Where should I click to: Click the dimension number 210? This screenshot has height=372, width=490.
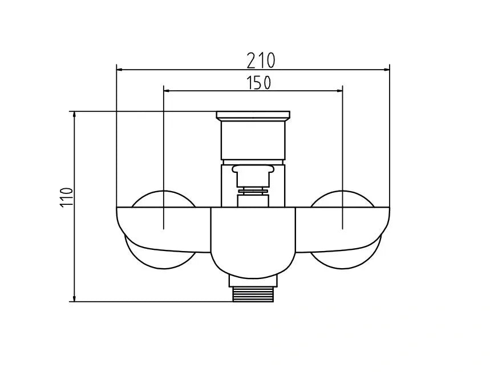tap(261, 59)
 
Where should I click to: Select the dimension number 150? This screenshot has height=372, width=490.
tap(258, 83)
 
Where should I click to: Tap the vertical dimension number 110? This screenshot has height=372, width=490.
tap(67, 196)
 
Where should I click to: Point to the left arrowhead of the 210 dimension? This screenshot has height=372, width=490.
tap(120, 70)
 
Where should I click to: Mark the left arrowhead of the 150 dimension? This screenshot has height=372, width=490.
tap(168, 90)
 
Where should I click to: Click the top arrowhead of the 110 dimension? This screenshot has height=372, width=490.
tap(74, 115)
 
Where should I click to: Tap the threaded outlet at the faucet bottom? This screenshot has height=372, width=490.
tap(253, 294)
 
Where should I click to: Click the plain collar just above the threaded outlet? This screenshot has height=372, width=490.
tap(253, 280)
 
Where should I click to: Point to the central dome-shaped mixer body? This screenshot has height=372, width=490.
tap(253, 240)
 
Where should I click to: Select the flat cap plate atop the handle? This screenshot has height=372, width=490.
tap(253, 116)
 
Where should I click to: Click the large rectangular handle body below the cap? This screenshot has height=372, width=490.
tap(253, 139)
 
